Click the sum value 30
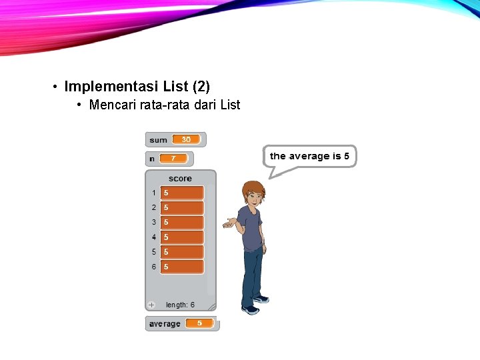coord(186,139)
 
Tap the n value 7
coord(173,159)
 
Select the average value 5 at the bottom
coord(199,323)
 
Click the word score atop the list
coord(180,179)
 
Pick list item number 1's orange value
coord(182,193)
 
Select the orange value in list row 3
coord(182,222)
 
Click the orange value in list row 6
coord(182,267)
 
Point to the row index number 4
coord(154,237)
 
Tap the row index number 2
coord(154,207)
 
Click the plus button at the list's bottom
coord(151,305)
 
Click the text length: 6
coord(181,305)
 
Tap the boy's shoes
coord(255,305)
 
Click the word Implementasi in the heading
coord(112,87)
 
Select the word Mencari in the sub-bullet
coord(113,105)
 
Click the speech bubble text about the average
coord(309,156)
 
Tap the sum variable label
coord(159,140)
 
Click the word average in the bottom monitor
coord(165,324)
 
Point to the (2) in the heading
coord(201,87)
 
